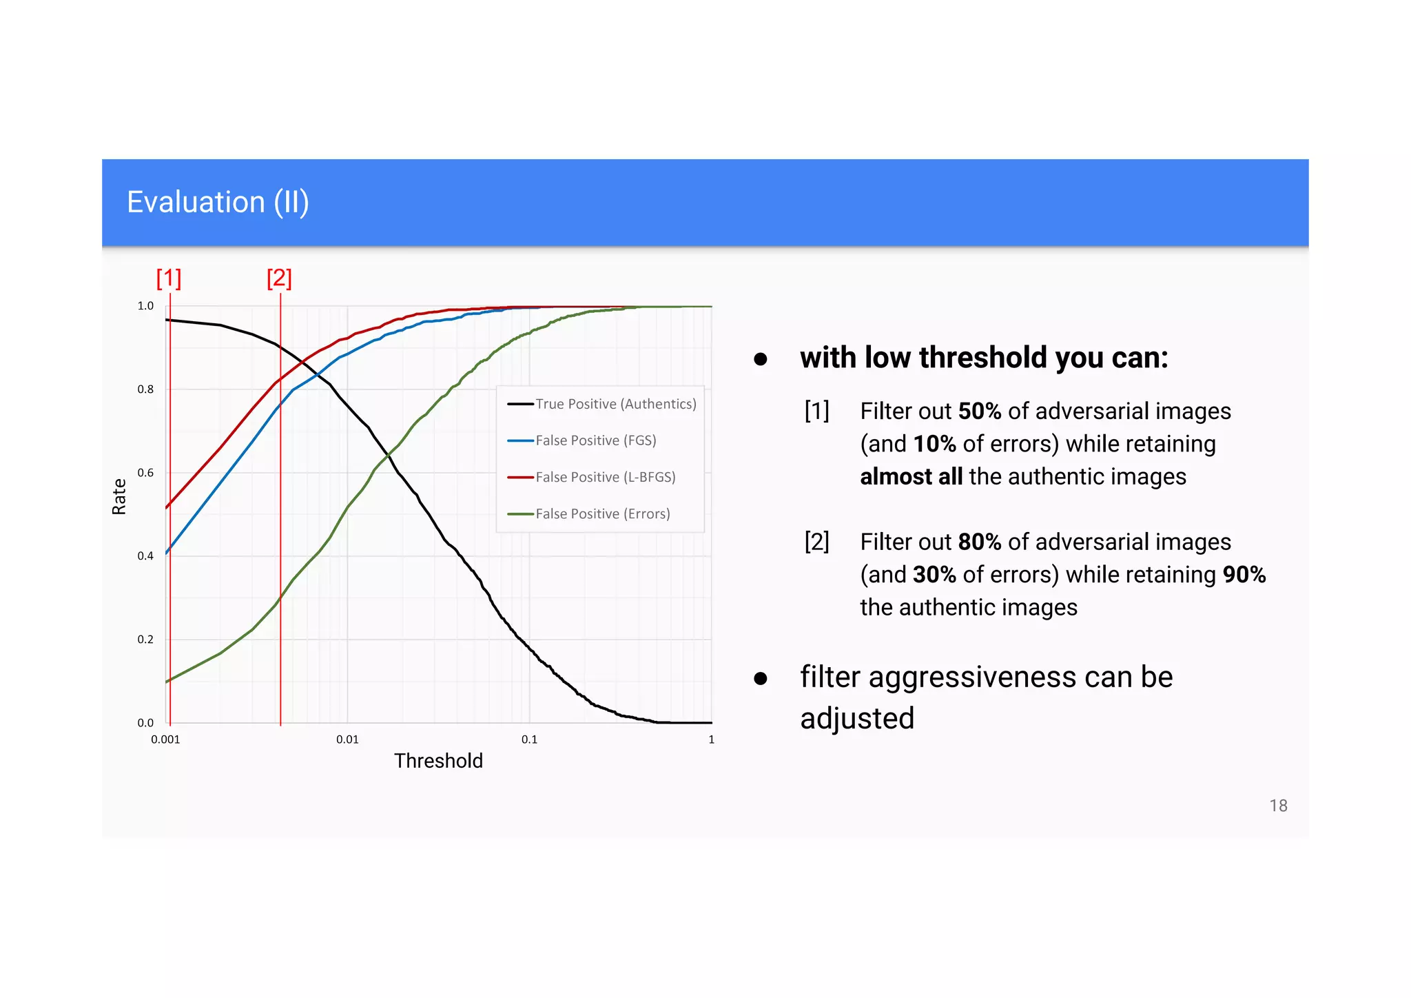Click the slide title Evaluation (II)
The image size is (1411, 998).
pos(218,203)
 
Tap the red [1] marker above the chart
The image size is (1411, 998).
pos(169,278)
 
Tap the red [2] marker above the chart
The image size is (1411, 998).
pos(279,278)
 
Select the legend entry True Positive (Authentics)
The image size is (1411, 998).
pos(615,404)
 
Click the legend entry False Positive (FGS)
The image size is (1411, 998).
pos(595,440)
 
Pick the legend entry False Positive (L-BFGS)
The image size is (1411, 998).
pos(605,477)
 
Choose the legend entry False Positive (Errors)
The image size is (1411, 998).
pos(602,513)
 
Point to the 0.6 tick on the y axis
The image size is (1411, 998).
pos(145,473)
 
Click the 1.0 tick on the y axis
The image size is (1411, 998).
pos(145,306)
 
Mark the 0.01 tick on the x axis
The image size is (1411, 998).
pos(347,740)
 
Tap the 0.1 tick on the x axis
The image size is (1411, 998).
pos(529,740)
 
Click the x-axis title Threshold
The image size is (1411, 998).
pos(438,761)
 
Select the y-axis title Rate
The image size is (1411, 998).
pos(119,496)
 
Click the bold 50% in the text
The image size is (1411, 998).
pos(979,411)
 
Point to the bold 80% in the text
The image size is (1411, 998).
pos(979,542)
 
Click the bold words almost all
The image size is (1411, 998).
pos(911,477)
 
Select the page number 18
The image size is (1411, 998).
pos(1278,806)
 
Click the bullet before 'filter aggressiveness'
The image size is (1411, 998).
pos(761,679)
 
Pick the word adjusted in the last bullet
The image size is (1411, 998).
pos(857,719)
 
